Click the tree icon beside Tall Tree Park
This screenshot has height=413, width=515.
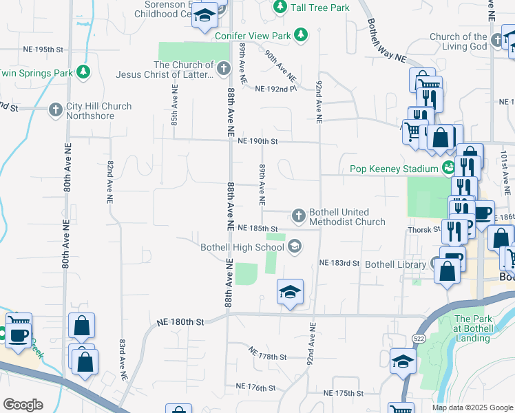280,7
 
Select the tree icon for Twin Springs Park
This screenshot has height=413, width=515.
83,72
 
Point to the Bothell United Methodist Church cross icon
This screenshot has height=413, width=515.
299,216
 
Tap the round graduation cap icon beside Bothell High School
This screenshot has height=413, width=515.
295,246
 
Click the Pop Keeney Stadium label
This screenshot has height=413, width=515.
393,169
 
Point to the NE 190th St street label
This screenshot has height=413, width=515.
257,142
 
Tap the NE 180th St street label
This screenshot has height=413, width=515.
181,321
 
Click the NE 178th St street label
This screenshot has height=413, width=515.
268,357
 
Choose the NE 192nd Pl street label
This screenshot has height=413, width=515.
275,89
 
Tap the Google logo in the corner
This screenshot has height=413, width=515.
22,405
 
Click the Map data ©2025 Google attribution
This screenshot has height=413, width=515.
472,407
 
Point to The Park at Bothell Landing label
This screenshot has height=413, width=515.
474,328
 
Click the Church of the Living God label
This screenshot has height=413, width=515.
458,41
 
